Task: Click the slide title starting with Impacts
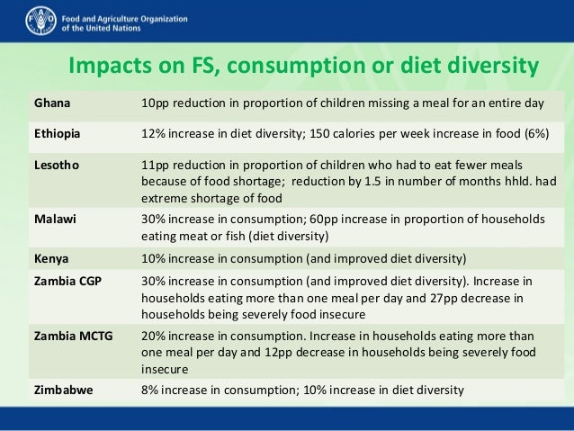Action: tap(303, 67)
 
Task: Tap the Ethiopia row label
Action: tap(57, 134)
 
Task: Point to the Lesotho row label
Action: tap(56, 166)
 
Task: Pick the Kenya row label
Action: tap(50, 257)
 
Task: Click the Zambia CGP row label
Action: tap(66, 281)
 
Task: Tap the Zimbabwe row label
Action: tap(60, 390)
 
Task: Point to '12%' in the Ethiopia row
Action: tap(154, 134)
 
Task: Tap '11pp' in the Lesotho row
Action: tap(155, 166)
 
